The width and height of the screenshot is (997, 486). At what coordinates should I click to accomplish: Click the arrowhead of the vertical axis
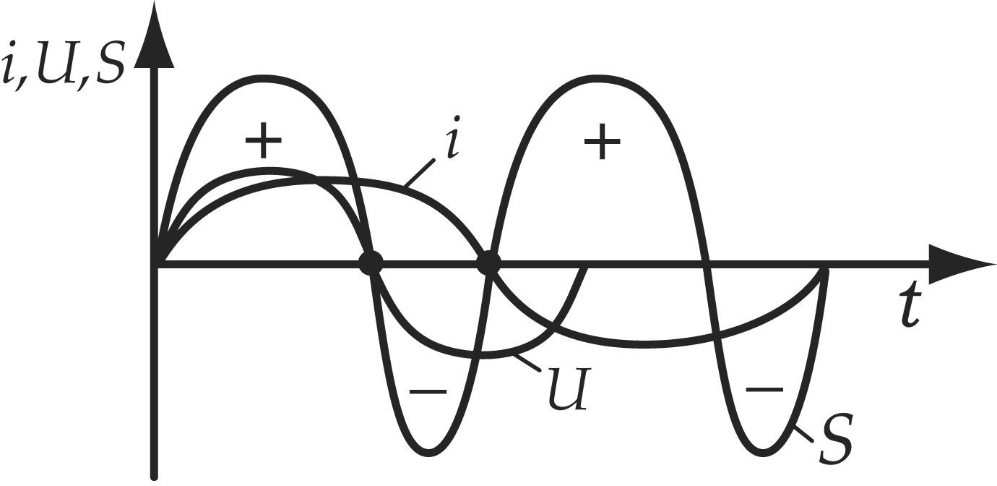[x=154, y=40]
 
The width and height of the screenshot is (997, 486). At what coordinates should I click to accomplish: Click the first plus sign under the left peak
[x=264, y=140]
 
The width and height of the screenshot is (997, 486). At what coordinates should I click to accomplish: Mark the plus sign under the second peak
[x=603, y=141]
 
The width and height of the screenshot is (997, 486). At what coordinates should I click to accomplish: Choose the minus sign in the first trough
[x=428, y=391]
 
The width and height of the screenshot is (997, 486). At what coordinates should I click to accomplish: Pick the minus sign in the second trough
[x=764, y=389]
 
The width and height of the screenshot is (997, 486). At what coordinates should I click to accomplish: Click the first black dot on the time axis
[x=371, y=264]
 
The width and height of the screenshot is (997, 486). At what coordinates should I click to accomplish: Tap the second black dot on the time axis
[x=488, y=264]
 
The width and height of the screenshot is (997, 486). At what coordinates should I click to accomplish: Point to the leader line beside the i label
[x=418, y=172]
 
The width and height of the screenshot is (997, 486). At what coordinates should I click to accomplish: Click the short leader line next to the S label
[x=804, y=435]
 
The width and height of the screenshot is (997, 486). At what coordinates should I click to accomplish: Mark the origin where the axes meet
[x=154, y=264]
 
